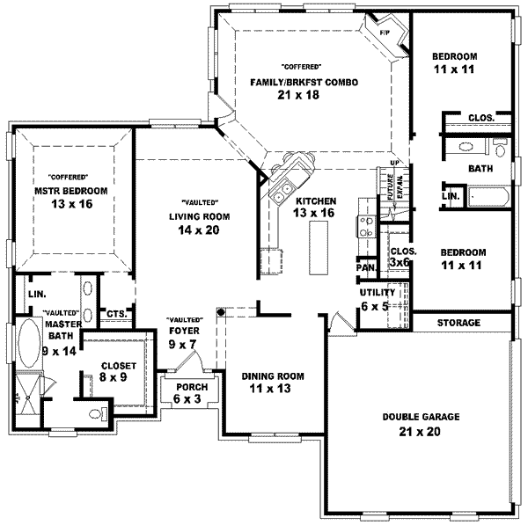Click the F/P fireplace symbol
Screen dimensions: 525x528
click(385, 33)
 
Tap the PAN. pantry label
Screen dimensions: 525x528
click(365, 267)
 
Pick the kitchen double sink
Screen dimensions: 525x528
click(286, 187)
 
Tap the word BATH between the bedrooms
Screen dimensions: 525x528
click(480, 168)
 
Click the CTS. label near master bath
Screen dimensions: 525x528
click(115, 312)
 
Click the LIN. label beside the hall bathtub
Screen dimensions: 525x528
click(451, 196)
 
